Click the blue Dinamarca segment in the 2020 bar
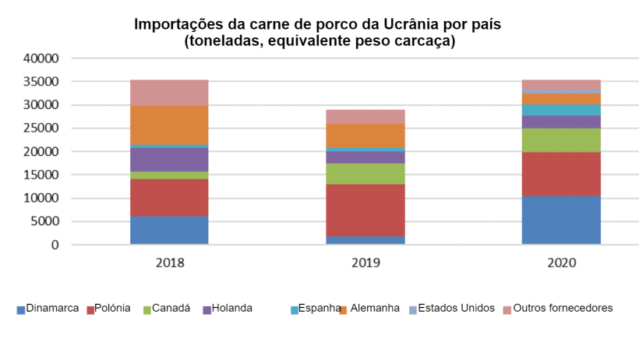click(561, 220)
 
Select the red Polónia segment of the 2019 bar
click(365, 210)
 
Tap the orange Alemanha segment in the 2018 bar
click(169, 125)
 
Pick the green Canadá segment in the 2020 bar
click(561, 140)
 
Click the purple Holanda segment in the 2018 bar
click(169, 159)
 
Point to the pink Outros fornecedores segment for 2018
click(169, 93)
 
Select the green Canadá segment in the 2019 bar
click(365, 174)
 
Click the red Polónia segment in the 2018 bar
click(169, 197)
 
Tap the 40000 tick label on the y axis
click(41, 58)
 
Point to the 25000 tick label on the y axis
click(41, 129)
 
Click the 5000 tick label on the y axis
click(44, 222)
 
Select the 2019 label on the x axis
click(365, 263)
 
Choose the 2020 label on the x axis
click(561, 263)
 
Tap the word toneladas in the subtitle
click(221, 41)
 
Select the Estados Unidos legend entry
click(456, 309)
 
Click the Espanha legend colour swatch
click(295, 310)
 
